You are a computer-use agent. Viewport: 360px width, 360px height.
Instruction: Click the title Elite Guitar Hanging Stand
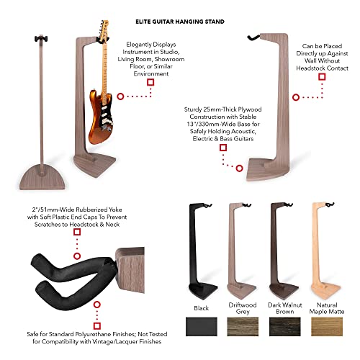pyautogui.click(x=180, y=22)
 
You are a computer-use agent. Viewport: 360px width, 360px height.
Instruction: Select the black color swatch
pyautogui.click(x=202, y=326)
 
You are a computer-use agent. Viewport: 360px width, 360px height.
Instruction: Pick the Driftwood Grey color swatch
pyautogui.click(x=243, y=326)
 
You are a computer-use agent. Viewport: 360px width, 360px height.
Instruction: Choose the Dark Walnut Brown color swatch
pyautogui.click(x=285, y=326)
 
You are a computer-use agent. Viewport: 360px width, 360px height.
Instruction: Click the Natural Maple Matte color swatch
pyautogui.click(x=327, y=326)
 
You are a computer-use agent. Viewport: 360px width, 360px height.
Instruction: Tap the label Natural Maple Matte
pyautogui.click(x=327, y=308)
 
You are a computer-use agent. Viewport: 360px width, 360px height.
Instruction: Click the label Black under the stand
pyautogui.click(x=201, y=308)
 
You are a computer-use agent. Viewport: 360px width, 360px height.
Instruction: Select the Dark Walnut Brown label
pyautogui.click(x=285, y=308)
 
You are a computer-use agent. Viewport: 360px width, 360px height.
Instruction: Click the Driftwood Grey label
pyautogui.click(x=243, y=308)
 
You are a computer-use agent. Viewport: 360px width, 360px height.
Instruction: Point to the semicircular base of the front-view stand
pyautogui.click(x=42, y=178)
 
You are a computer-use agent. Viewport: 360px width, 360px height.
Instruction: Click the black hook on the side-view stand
pyautogui.click(x=253, y=37)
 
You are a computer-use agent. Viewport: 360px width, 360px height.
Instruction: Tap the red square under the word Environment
pyautogui.click(x=150, y=82)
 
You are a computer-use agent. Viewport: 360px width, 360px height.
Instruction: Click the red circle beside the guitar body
pyautogui.click(x=120, y=96)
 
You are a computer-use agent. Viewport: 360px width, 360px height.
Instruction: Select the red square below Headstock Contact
pyautogui.click(x=322, y=77)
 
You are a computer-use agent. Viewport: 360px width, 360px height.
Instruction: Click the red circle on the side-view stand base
pyautogui.click(x=239, y=168)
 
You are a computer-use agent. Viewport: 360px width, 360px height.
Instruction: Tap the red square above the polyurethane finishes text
pyautogui.click(x=97, y=326)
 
